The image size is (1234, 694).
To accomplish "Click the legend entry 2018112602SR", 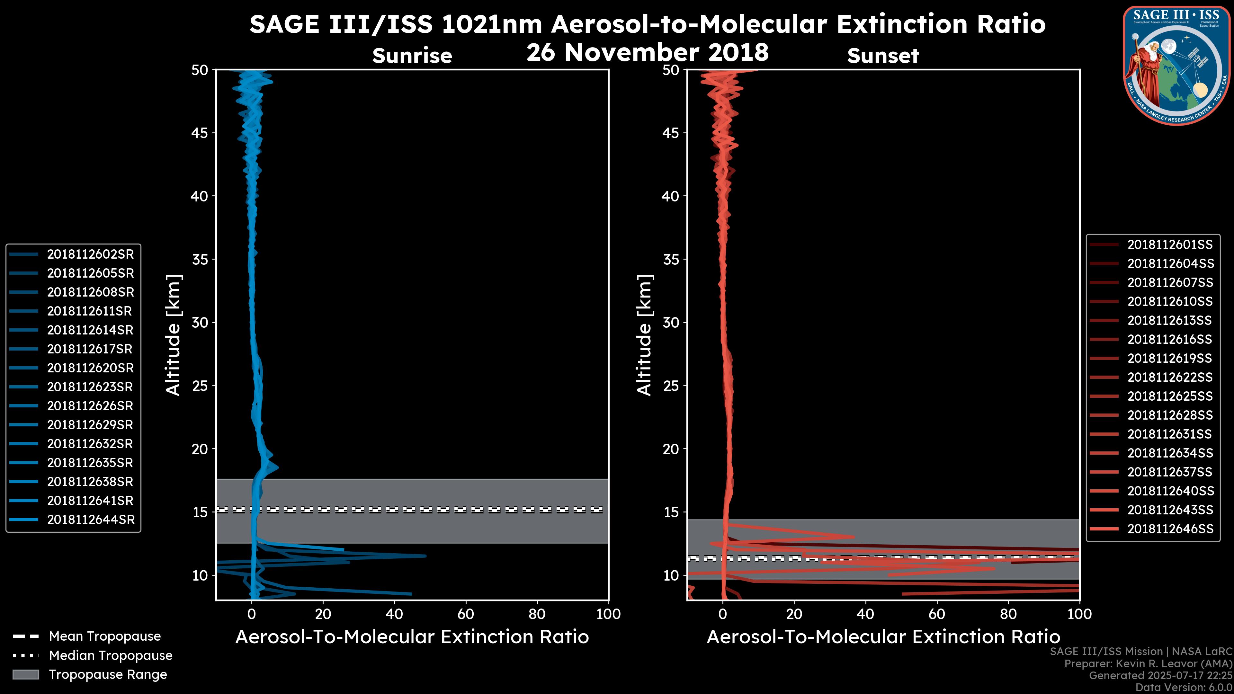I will coord(90,254).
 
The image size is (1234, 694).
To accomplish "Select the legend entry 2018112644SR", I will coord(91,520).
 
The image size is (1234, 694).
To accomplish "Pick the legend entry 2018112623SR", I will coord(90,387).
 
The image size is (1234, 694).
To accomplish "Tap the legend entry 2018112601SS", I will coord(1170,245).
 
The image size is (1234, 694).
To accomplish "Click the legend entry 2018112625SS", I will coord(1170,396).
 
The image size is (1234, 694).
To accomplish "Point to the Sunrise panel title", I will coord(412,56).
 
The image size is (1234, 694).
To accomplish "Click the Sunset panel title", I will coord(882,56).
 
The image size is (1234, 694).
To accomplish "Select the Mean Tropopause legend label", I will coord(105,636).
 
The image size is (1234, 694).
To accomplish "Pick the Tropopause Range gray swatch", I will coord(26,674).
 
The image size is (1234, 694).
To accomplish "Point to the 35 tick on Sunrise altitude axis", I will coord(200,260).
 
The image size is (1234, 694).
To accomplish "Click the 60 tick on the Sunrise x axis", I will coord(466,614).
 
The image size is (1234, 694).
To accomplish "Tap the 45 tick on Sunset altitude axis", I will coord(671,133).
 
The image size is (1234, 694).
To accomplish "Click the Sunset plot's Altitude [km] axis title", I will coord(644,335).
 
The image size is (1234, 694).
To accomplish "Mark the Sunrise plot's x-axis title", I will coord(412,637).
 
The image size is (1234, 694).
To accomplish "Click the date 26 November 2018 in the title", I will coord(647,53).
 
